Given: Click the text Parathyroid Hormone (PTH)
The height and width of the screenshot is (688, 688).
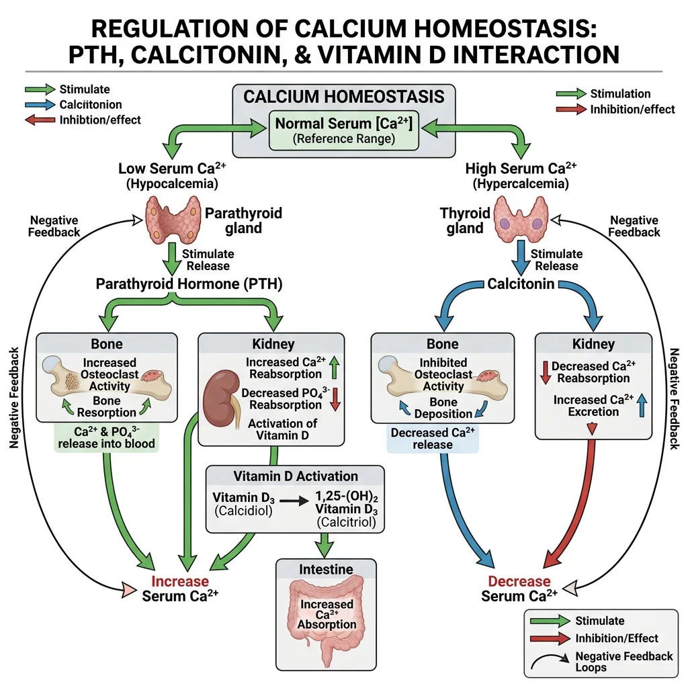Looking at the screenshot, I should point(189,284).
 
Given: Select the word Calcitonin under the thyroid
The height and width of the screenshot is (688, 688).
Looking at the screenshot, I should point(521,284).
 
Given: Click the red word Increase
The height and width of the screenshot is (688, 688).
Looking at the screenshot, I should point(179,580).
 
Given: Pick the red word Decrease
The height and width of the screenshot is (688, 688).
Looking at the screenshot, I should point(519,580).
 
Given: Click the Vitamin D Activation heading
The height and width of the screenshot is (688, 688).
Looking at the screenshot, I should point(296,476).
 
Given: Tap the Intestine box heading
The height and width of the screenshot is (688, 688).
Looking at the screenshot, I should point(326,569).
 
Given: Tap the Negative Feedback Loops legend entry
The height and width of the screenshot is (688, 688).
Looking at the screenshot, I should point(623,662).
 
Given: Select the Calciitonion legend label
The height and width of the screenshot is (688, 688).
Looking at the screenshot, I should point(90,105).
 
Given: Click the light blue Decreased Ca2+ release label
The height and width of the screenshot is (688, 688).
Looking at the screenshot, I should point(433,439).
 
